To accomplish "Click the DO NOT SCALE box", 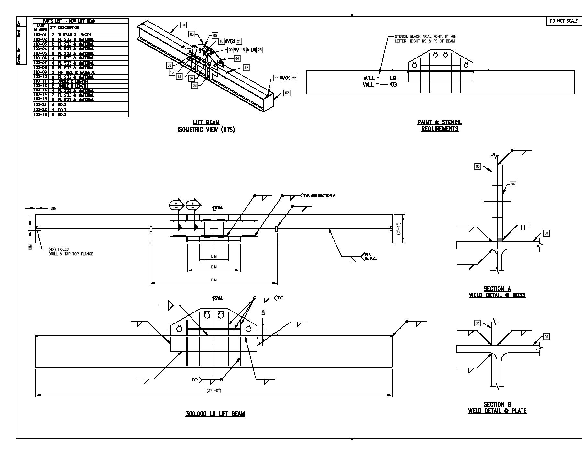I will click(x=564, y=21).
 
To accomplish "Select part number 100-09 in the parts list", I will click(x=40, y=72).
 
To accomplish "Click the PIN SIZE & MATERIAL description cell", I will click(x=76, y=72).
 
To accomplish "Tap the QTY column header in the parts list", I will click(x=53, y=28).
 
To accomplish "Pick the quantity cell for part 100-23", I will click(x=53, y=114).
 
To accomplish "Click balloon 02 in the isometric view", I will click(x=287, y=93).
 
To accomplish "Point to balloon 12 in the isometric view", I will click(x=246, y=68).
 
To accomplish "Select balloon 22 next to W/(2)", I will click(x=294, y=78).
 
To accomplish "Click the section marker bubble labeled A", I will click(x=176, y=205).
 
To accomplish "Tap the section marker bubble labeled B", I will click(x=193, y=205).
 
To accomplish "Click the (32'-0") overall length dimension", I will click(x=214, y=390).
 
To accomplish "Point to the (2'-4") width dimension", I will click(x=399, y=228).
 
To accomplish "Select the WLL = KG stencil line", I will click(x=379, y=85).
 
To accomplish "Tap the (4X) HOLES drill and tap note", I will click(x=71, y=252).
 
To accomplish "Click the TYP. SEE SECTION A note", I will click(x=319, y=196).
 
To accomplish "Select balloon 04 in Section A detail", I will click(x=513, y=184).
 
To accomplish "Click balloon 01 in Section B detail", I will click(x=546, y=337).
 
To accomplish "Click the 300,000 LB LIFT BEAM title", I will click(x=215, y=414).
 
